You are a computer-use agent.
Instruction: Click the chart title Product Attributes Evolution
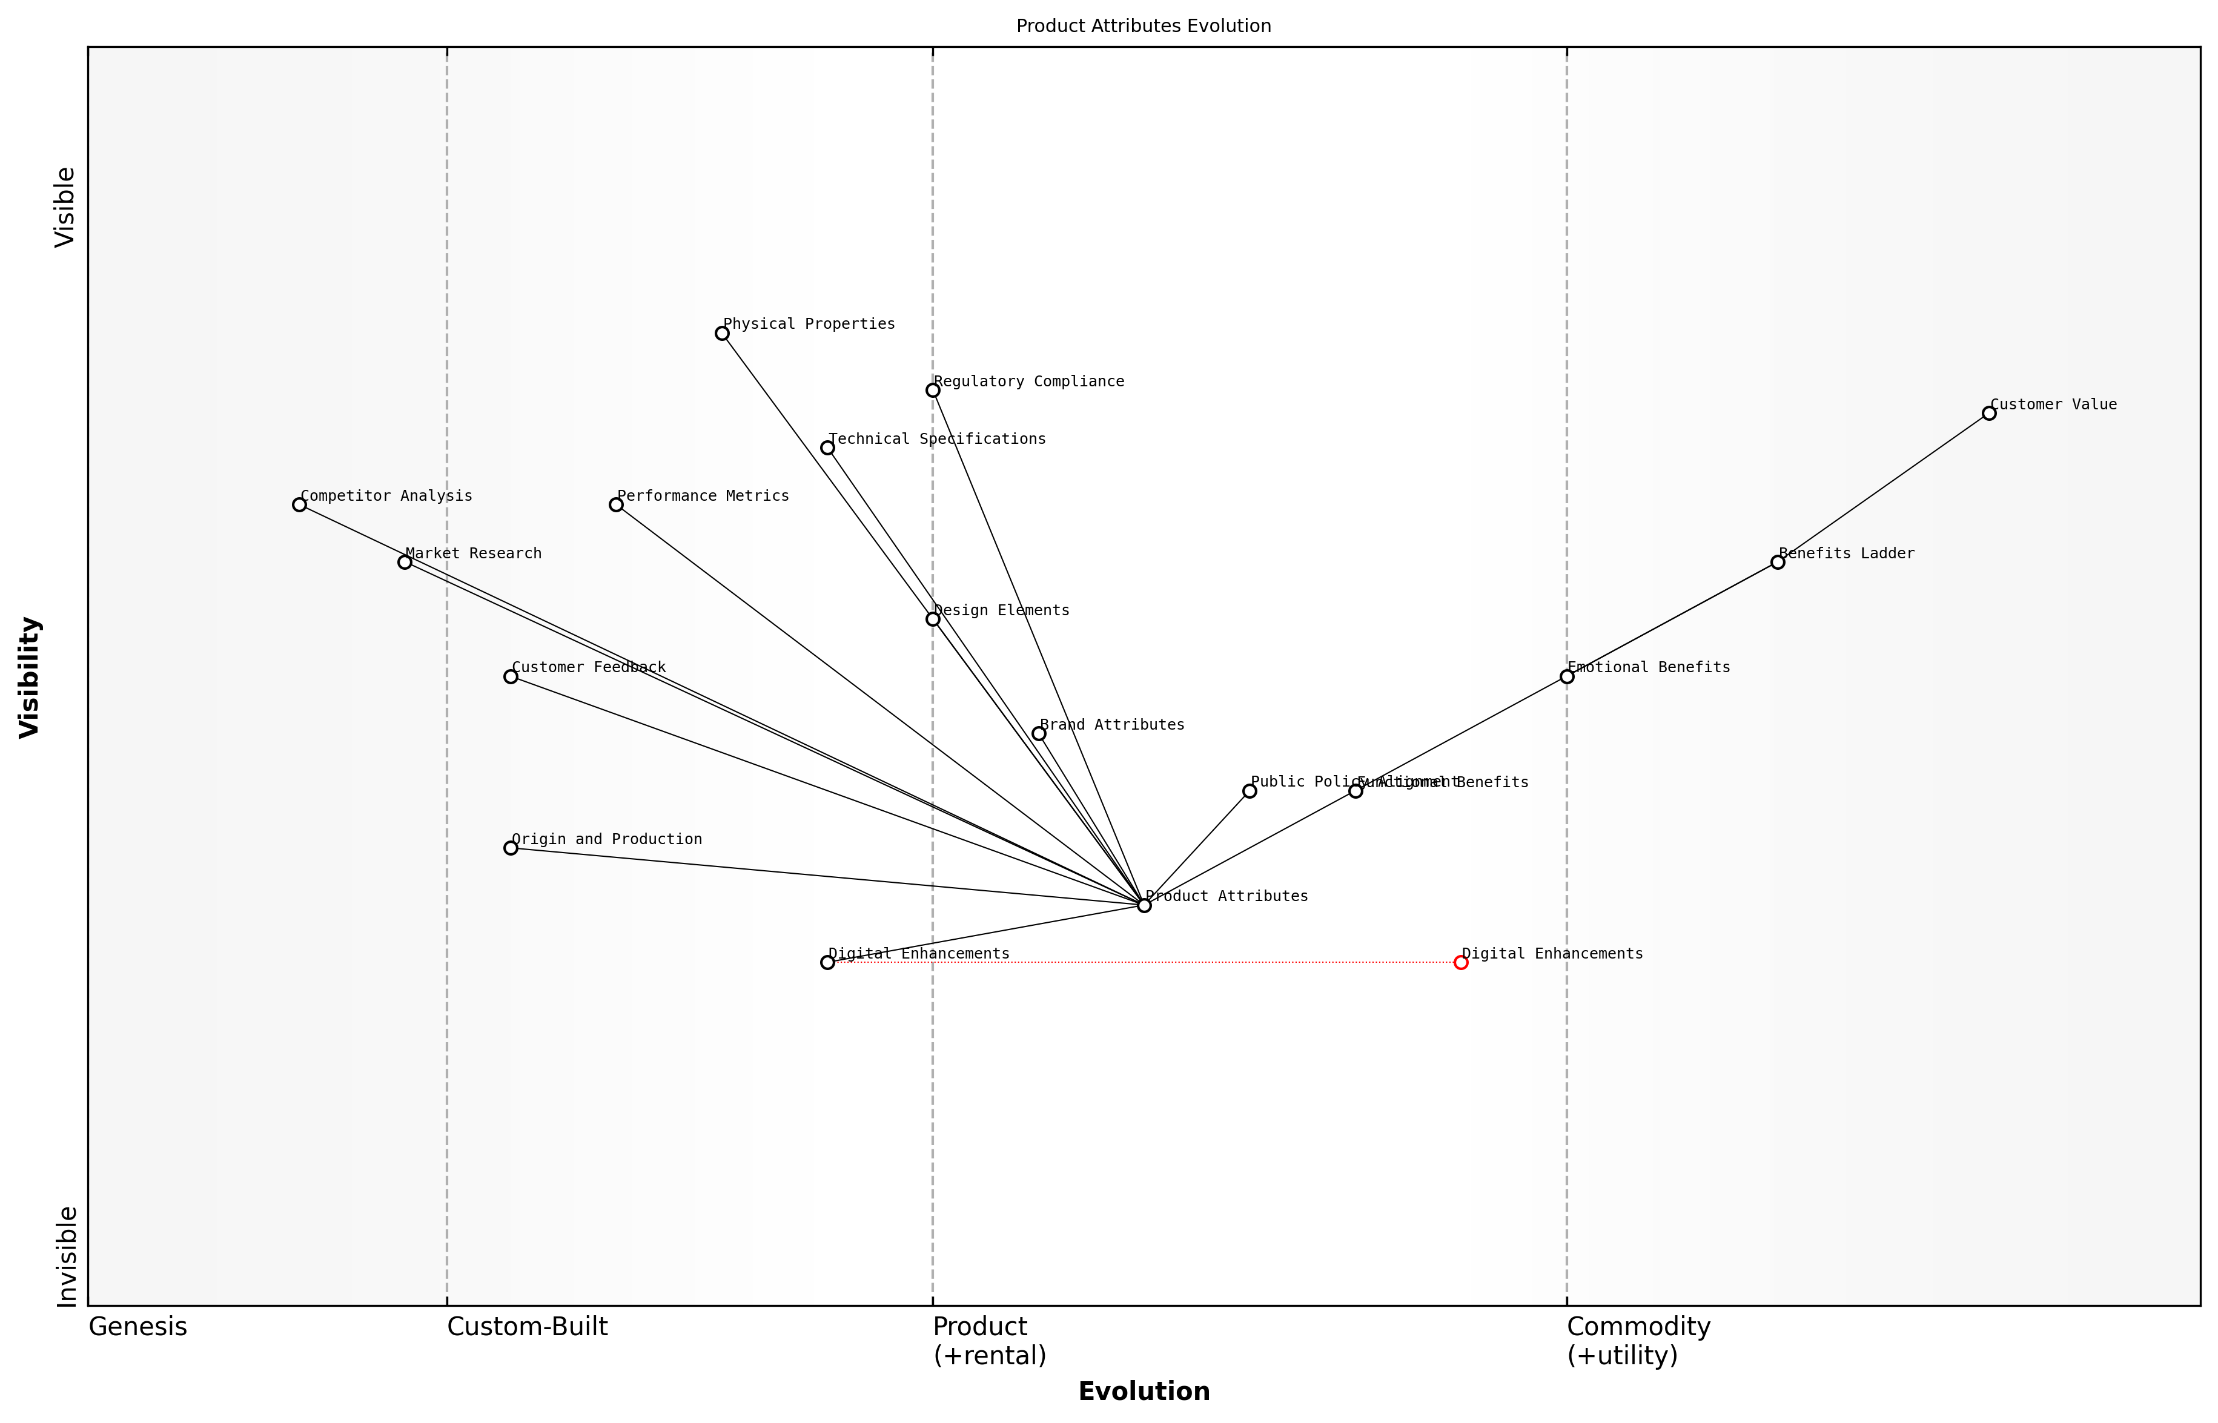point(1143,26)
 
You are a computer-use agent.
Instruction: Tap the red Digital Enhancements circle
point(1460,963)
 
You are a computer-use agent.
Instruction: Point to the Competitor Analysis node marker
point(299,504)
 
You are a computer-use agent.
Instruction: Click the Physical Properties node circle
point(722,334)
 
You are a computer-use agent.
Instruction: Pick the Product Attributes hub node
point(1144,905)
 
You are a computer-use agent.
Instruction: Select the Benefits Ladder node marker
point(1777,562)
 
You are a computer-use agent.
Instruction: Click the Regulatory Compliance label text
point(1028,381)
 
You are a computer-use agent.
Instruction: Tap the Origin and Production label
point(606,839)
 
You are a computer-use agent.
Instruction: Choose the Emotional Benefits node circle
point(1566,676)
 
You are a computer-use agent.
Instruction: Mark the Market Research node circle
point(405,562)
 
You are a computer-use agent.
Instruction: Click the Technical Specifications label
point(936,439)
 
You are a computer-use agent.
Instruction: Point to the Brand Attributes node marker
point(1039,734)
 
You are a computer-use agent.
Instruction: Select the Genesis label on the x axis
point(137,1327)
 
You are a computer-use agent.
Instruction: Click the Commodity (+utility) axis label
point(1638,1341)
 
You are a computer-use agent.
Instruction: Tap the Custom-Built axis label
point(527,1327)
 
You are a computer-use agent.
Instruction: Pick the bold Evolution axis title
point(1143,1392)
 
